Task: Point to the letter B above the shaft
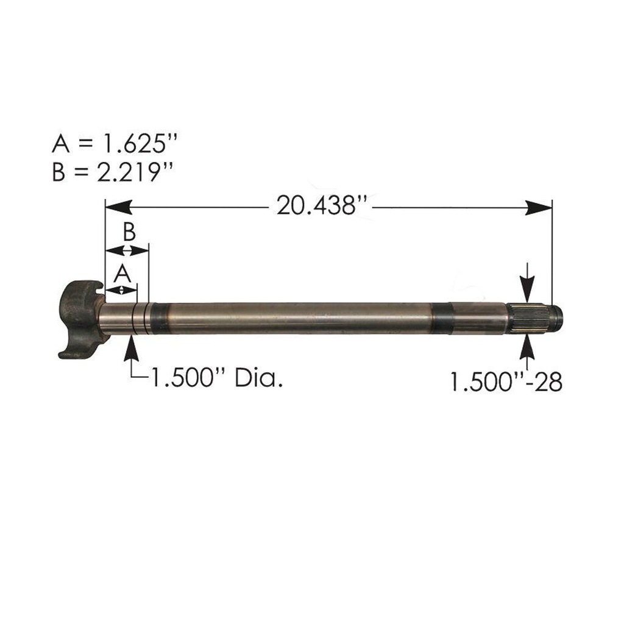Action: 129,232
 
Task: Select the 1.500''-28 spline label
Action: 505,382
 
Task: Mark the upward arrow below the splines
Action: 527,349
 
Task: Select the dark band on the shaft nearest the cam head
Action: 161,319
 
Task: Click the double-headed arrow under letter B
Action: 127,250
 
